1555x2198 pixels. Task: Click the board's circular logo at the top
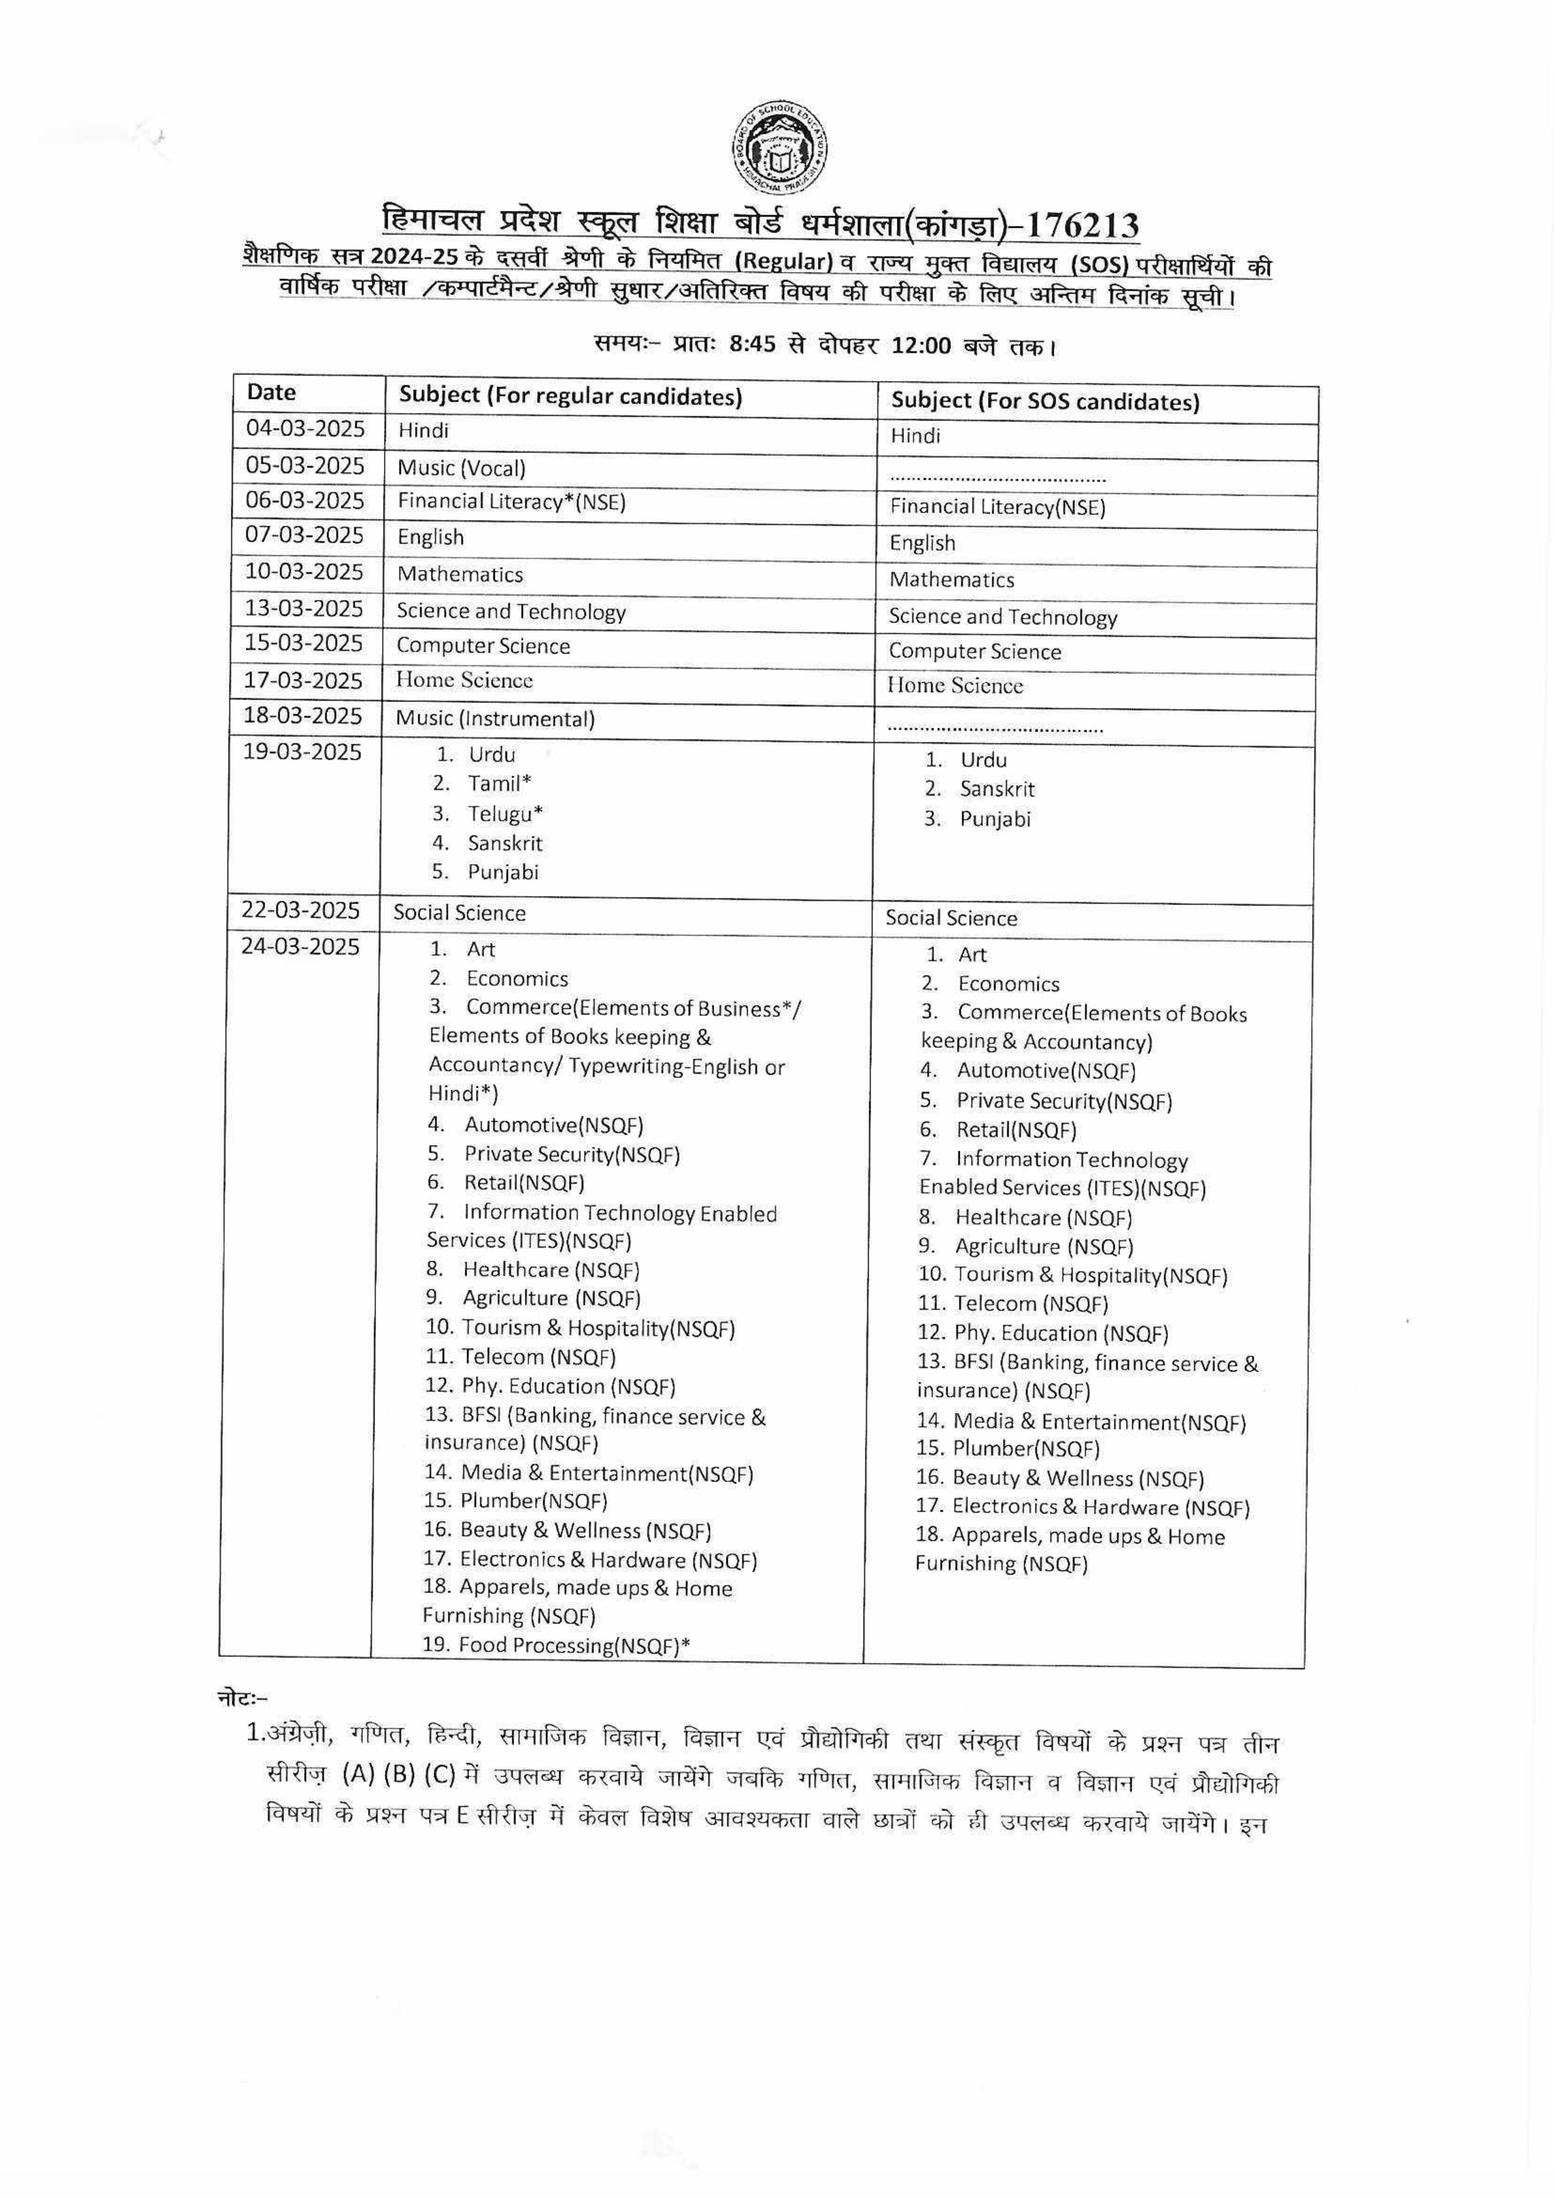tap(780, 149)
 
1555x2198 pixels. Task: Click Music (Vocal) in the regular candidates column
tap(462, 468)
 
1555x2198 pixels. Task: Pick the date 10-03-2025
tap(304, 572)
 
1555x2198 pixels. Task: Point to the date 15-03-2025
tap(304, 643)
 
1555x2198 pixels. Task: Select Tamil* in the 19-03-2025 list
tap(499, 783)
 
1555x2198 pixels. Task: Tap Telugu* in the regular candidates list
tap(505, 814)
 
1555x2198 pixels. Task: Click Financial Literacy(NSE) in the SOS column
tap(997, 508)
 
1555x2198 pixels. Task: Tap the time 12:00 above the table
tap(921, 346)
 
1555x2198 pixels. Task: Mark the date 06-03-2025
tap(304, 500)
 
